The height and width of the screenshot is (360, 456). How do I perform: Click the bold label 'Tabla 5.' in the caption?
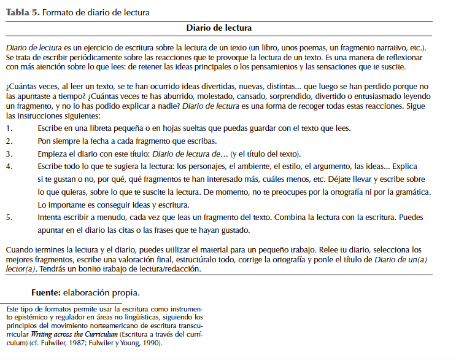[x=21, y=12]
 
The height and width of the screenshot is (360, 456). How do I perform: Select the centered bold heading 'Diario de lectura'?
[x=219, y=28]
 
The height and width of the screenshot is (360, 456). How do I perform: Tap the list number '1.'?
[x=9, y=128]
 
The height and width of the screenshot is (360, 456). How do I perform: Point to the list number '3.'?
[x=9, y=154]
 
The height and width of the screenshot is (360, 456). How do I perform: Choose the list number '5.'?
[x=9, y=217]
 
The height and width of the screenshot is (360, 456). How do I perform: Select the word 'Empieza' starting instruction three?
[x=53, y=154]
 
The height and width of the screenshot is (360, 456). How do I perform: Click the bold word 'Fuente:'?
[x=52, y=292]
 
